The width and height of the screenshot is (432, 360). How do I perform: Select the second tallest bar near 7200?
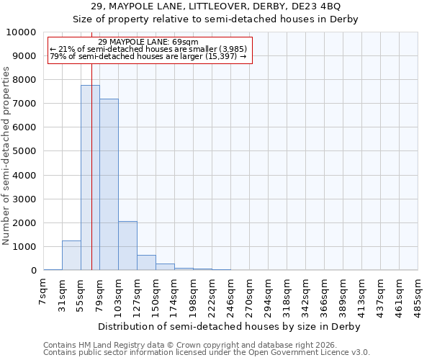(x=109, y=184)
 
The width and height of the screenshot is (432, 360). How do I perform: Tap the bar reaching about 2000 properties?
(x=127, y=246)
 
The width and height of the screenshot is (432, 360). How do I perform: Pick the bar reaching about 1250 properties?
(x=71, y=256)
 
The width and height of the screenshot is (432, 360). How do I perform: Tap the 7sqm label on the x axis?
(x=44, y=290)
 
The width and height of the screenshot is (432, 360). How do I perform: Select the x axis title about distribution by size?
(x=230, y=326)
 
